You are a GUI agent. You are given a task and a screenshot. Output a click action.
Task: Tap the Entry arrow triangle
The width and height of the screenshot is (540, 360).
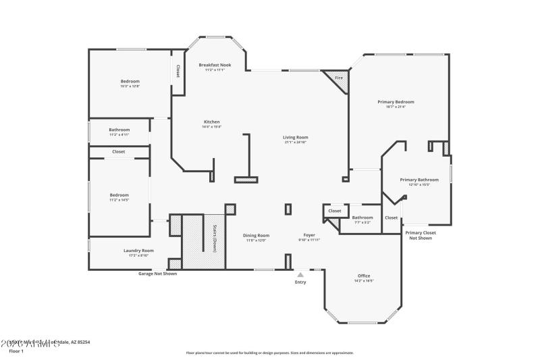(300, 274)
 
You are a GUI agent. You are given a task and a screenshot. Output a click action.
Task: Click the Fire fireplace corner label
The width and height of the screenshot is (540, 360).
(339, 78)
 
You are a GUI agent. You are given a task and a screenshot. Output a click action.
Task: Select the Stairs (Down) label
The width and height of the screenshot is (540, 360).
(215, 238)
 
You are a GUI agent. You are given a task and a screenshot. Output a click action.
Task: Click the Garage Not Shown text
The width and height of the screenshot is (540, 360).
(157, 274)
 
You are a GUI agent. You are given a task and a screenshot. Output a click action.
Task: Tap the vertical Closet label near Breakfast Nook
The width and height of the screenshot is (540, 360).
(178, 71)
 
